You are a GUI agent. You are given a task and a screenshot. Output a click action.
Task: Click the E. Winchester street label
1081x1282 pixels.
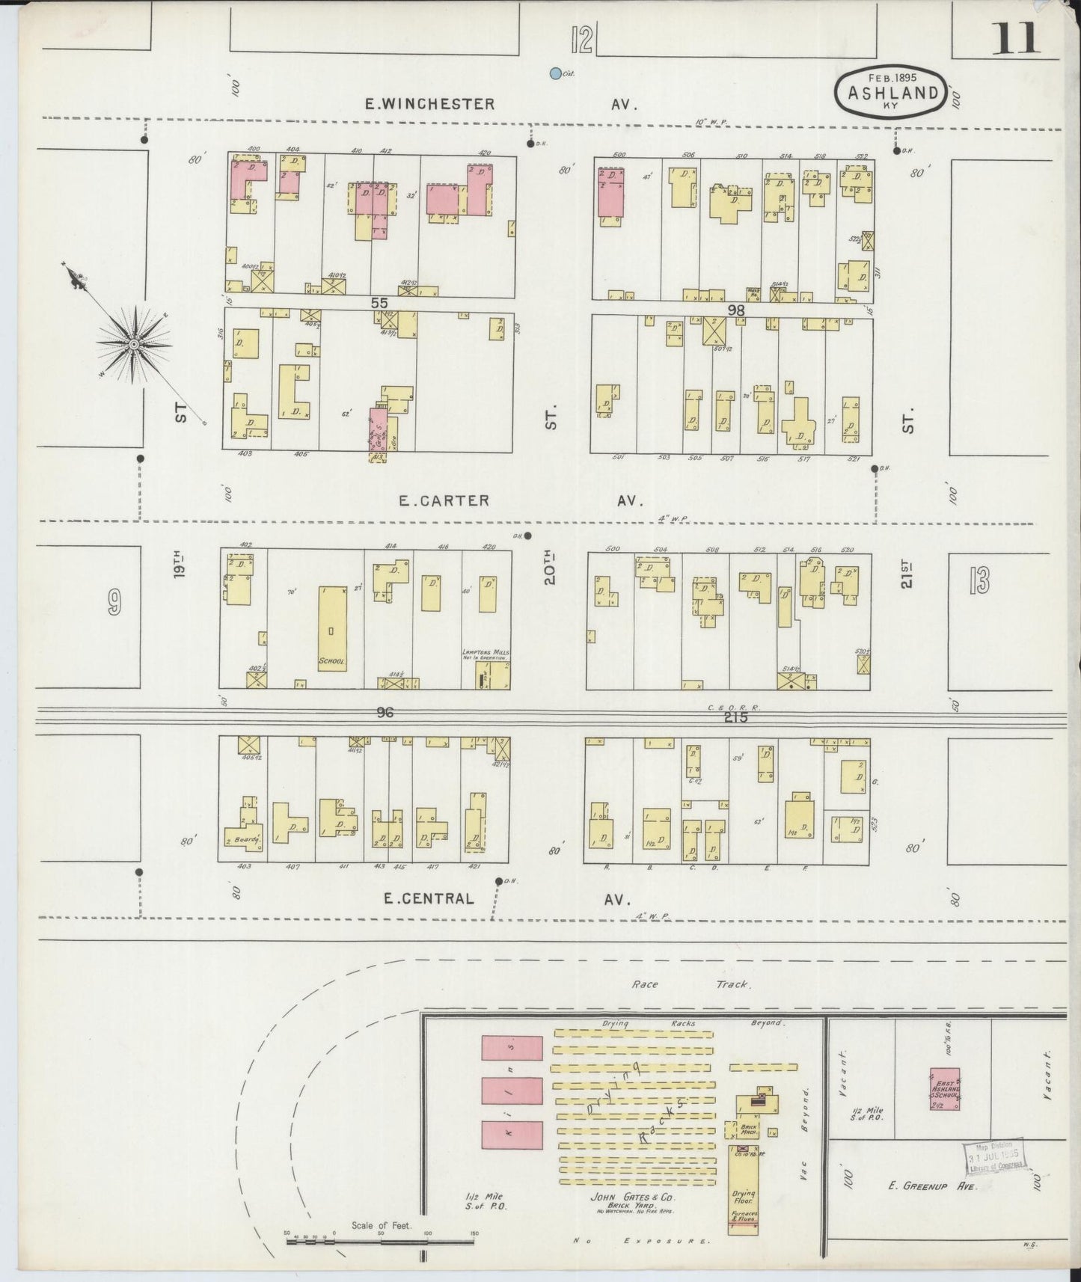429,105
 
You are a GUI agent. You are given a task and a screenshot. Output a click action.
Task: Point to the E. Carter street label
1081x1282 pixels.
444,500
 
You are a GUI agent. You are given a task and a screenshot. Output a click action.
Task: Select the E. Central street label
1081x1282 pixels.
429,898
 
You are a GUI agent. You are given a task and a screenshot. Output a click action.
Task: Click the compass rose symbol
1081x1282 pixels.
133,344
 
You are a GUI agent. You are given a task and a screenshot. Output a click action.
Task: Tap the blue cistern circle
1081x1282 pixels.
555,73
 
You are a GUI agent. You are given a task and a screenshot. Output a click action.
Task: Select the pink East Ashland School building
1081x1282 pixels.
945,1088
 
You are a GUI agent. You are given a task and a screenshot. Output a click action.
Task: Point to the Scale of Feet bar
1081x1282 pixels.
380,1242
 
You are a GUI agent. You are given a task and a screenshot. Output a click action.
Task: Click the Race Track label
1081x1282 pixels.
688,984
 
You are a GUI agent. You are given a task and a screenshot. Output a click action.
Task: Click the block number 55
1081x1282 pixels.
380,303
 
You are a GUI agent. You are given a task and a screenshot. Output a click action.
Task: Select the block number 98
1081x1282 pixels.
737,309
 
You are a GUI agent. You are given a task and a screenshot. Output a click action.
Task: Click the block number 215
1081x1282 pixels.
736,717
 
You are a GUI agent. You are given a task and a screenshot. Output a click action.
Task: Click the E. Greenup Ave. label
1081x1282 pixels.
931,1186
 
